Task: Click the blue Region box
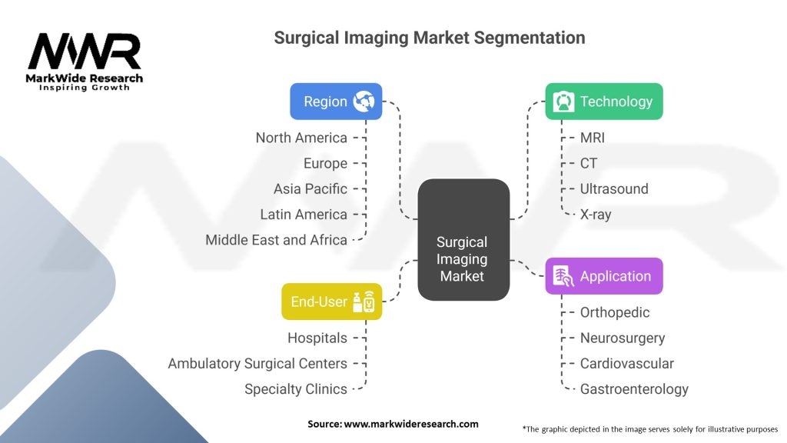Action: [x=336, y=102]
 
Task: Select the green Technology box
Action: [x=604, y=102]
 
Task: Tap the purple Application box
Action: [x=604, y=276]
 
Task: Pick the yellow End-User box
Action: [x=332, y=301]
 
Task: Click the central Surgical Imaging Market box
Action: [x=463, y=240]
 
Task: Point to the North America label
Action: [x=301, y=138]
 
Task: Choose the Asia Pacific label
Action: [x=310, y=189]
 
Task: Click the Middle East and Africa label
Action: [x=276, y=240]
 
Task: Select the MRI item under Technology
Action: [x=593, y=138]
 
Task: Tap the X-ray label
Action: [x=596, y=215]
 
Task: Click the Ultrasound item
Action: [x=614, y=189]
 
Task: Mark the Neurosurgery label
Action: [x=623, y=338]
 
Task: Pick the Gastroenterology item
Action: [x=634, y=389]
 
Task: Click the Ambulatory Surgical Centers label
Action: [x=257, y=364]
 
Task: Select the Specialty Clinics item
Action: [x=296, y=389]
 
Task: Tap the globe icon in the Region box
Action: [x=364, y=102]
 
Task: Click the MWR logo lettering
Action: [x=85, y=52]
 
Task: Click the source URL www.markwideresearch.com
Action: [x=411, y=424]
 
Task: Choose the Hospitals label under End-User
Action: [x=317, y=338]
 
